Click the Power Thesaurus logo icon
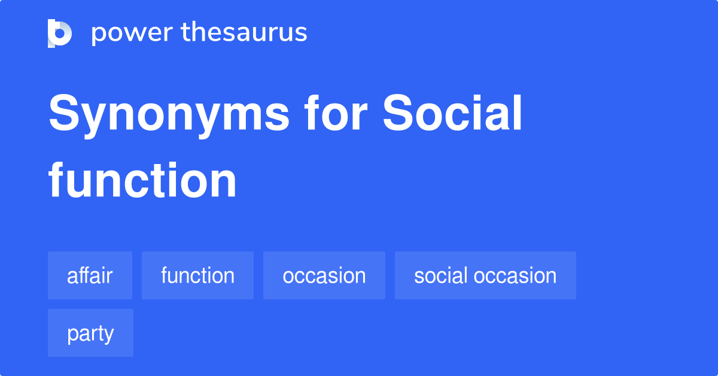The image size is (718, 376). tap(60, 33)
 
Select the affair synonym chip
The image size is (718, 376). tap(90, 275)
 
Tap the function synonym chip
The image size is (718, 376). tap(197, 275)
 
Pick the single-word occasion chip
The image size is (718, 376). tap(324, 275)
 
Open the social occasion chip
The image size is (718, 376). tap(485, 275)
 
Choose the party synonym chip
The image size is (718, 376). tap(90, 333)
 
